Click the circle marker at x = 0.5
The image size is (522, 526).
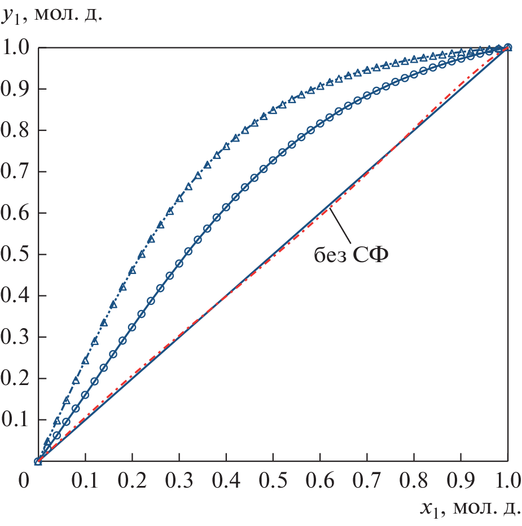pos(273,161)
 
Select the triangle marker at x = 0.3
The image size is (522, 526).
pos(179,198)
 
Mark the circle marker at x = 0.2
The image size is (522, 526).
pos(132,327)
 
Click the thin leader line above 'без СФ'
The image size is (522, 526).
pos(341,226)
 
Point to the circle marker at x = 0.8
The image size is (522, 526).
pos(414,74)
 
